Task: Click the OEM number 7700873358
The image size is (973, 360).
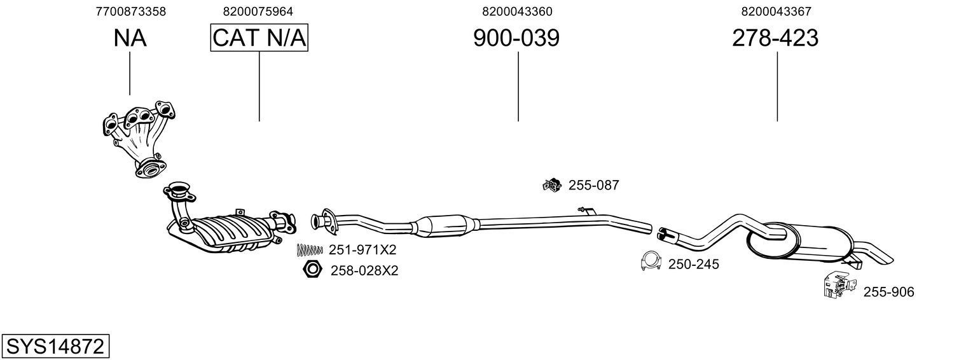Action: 130,11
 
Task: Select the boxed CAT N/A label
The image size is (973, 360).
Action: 259,38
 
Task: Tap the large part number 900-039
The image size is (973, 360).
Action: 516,38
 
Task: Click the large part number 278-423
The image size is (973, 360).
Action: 775,38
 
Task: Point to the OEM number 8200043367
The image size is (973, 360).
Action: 775,11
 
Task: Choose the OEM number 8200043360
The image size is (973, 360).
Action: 517,11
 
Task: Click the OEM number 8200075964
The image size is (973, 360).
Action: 258,11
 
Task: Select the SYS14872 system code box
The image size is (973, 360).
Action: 55,347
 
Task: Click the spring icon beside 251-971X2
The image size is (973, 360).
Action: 309,250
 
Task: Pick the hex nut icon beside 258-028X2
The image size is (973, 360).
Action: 312,270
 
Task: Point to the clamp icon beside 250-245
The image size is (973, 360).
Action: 651,261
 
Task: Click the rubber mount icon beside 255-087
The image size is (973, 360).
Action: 551,185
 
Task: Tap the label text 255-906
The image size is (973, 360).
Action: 888,292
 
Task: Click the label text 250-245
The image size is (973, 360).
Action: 693,264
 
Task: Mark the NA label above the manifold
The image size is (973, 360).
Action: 130,38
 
